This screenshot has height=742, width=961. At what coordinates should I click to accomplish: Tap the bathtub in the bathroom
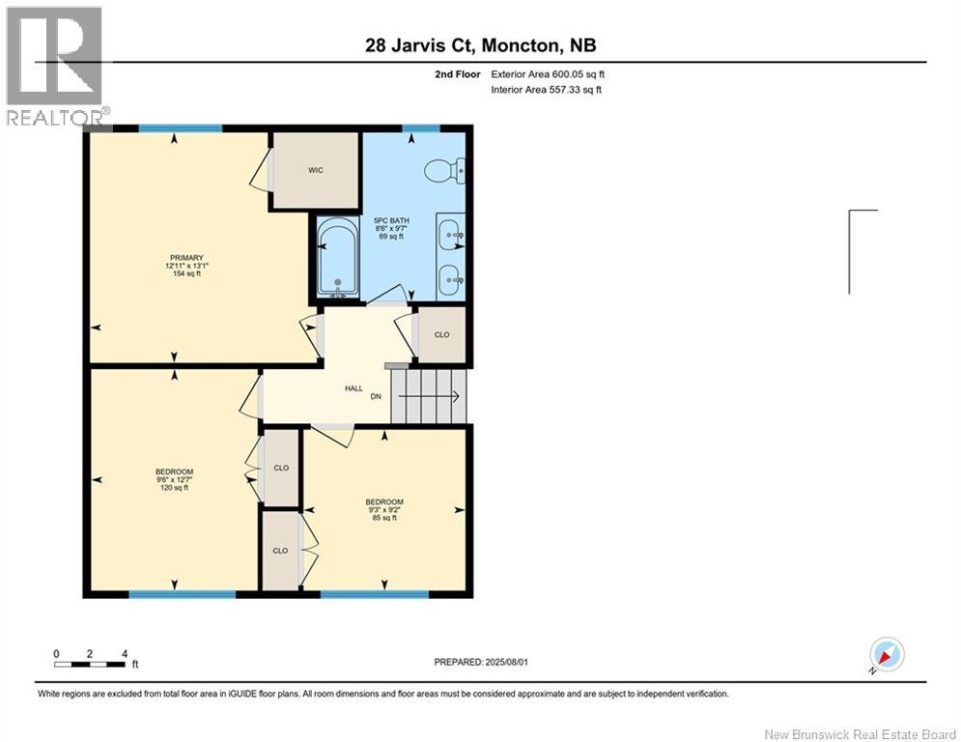click(x=337, y=257)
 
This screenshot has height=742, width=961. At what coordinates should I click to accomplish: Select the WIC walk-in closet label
click(x=316, y=170)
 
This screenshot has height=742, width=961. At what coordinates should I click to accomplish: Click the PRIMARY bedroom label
click(x=187, y=258)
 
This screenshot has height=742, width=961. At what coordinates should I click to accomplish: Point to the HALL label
click(x=353, y=388)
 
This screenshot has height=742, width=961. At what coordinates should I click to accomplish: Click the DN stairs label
click(x=376, y=396)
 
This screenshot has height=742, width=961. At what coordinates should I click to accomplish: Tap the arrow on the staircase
click(x=429, y=397)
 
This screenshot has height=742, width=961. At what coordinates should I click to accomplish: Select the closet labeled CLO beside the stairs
click(x=441, y=334)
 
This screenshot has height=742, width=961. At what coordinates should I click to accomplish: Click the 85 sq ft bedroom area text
click(x=384, y=518)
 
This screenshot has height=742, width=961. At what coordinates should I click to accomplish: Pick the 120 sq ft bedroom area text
click(x=174, y=488)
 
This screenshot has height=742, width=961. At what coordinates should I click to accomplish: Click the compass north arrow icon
click(x=887, y=655)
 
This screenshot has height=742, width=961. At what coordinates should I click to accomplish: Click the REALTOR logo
click(x=56, y=66)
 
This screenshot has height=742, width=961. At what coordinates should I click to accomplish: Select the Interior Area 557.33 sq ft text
click(x=546, y=90)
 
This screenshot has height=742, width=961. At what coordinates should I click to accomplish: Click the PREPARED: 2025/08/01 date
click(x=481, y=662)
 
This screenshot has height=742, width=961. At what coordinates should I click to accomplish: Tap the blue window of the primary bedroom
click(x=181, y=128)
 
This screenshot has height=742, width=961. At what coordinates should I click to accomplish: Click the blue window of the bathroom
click(x=421, y=128)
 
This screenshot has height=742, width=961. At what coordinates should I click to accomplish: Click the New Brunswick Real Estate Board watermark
click(x=860, y=734)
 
